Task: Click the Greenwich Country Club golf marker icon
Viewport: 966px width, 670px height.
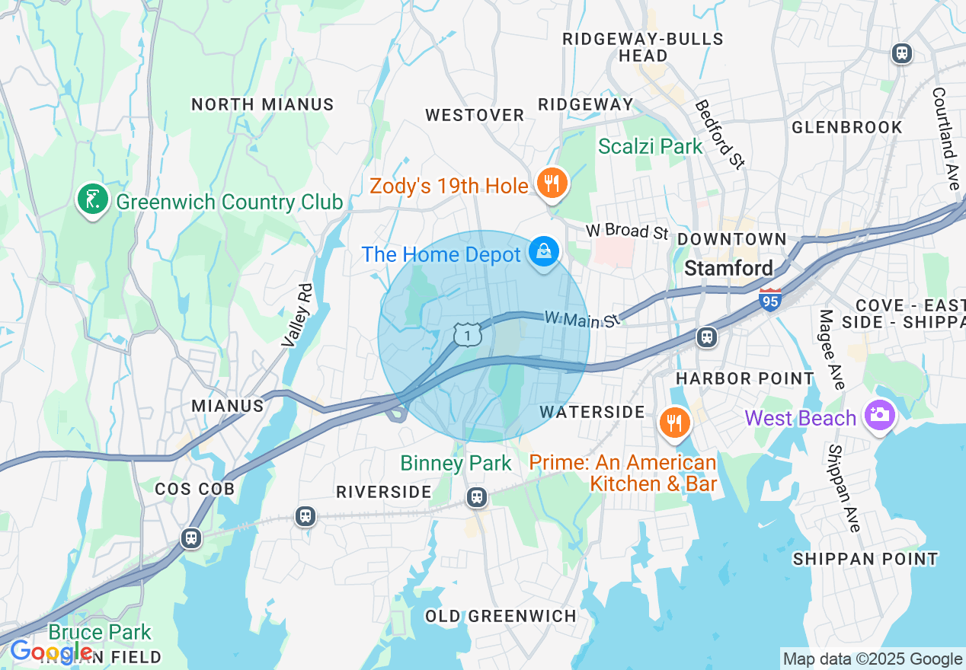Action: point(92,199)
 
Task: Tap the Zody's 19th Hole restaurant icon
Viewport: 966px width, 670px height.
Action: point(552,183)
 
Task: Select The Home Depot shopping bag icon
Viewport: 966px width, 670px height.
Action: point(544,251)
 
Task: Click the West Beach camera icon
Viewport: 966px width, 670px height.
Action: point(879,416)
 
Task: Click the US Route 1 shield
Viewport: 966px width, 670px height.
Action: point(467,334)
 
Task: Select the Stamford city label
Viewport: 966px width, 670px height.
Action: point(728,268)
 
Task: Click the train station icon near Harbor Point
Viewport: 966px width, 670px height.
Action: point(707,337)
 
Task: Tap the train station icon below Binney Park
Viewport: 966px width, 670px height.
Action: point(477,497)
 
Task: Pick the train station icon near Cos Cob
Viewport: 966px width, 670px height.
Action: point(190,538)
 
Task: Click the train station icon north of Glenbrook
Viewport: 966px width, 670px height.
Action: point(902,53)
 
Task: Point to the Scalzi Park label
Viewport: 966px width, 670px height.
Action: point(650,146)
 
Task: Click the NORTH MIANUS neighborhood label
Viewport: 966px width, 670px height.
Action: point(262,105)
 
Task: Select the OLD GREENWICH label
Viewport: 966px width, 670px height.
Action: point(501,616)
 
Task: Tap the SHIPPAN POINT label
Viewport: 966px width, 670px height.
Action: point(865,559)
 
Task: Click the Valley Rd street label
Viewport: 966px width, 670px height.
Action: point(297,316)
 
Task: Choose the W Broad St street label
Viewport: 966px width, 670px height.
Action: point(626,231)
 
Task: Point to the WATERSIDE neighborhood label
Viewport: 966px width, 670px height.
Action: point(592,412)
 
